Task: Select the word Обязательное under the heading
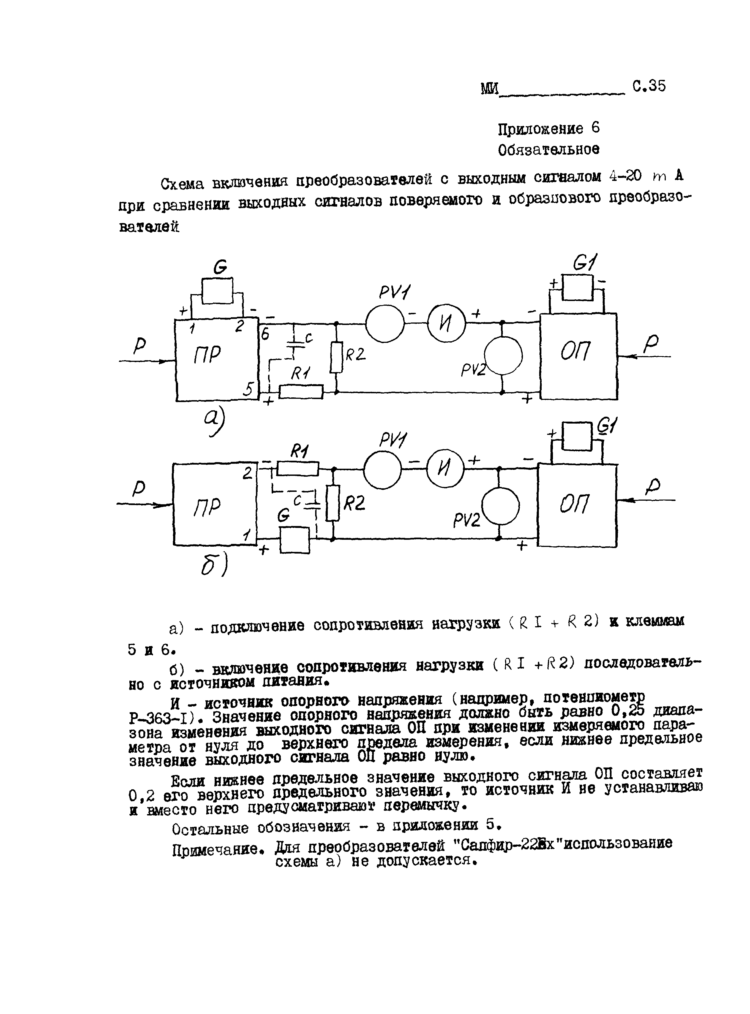[548, 150]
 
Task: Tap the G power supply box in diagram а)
[217, 291]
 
